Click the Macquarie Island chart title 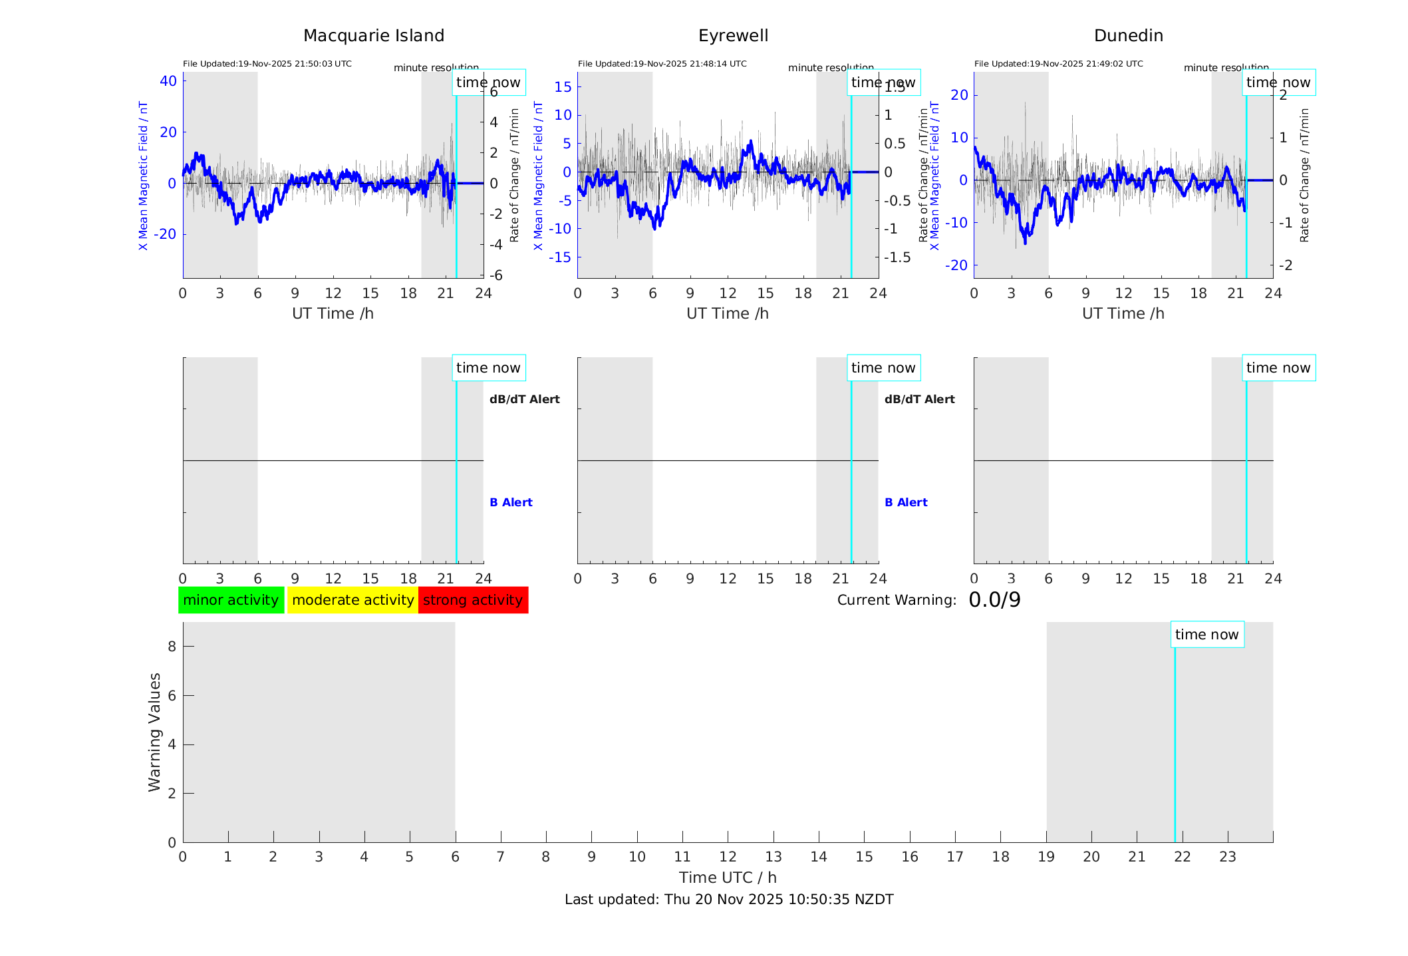click(373, 36)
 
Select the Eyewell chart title click(733, 36)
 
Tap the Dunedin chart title click(1128, 36)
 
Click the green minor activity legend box click(231, 600)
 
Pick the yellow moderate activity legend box click(352, 600)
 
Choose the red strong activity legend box click(473, 600)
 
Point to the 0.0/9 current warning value click(994, 600)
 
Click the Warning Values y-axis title click(155, 732)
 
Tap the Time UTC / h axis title click(728, 877)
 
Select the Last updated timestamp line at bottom click(729, 899)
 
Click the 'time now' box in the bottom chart click(1206, 635)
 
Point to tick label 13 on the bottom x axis click(774, 857)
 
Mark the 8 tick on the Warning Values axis click(172, 646)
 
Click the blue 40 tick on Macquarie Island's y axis click(168, 81)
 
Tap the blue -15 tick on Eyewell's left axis click(562, 257)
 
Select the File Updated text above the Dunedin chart click(1058, 64)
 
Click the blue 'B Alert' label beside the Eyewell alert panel click(906, 502)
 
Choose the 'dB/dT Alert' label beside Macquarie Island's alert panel click(524, 399)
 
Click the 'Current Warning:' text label click(897, 600)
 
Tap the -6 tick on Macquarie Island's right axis click(493, 275)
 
